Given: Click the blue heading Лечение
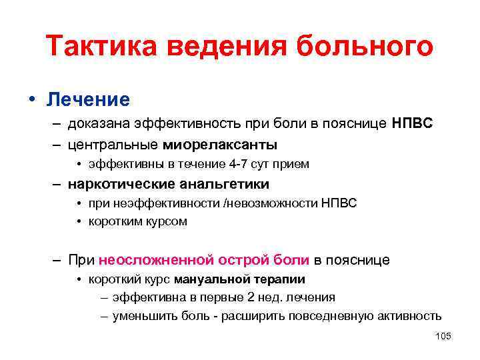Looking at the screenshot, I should [87, 100].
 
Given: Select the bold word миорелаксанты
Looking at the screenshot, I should [219, 144].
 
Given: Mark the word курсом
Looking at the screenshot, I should [163, 222].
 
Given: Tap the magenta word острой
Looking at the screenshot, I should [240, 259].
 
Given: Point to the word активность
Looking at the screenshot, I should [409, 315].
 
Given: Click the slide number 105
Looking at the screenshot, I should [443, 336].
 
